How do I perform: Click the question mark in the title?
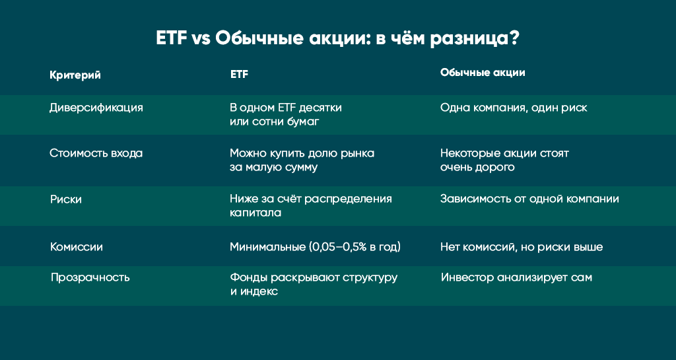coord(514,39)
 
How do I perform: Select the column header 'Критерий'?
coord(75,75)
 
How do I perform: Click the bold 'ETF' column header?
coord(239,75)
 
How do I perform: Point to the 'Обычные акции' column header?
coord(483,73)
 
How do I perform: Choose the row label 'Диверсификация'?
coord(96,108)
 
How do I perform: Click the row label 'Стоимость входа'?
coord(96,153)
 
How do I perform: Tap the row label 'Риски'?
coord(66,199)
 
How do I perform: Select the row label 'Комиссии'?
coord(77,247)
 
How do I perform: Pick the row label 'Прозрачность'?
coord(90,277)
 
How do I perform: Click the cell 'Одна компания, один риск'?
coord(514,108)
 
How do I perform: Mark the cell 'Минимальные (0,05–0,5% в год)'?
coord(315,247)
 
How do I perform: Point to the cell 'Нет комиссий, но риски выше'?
coord(522,247)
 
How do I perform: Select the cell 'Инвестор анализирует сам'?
coord(516,277)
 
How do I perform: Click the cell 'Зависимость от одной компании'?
coord(529,199)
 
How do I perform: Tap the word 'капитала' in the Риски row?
coord(255,213)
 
